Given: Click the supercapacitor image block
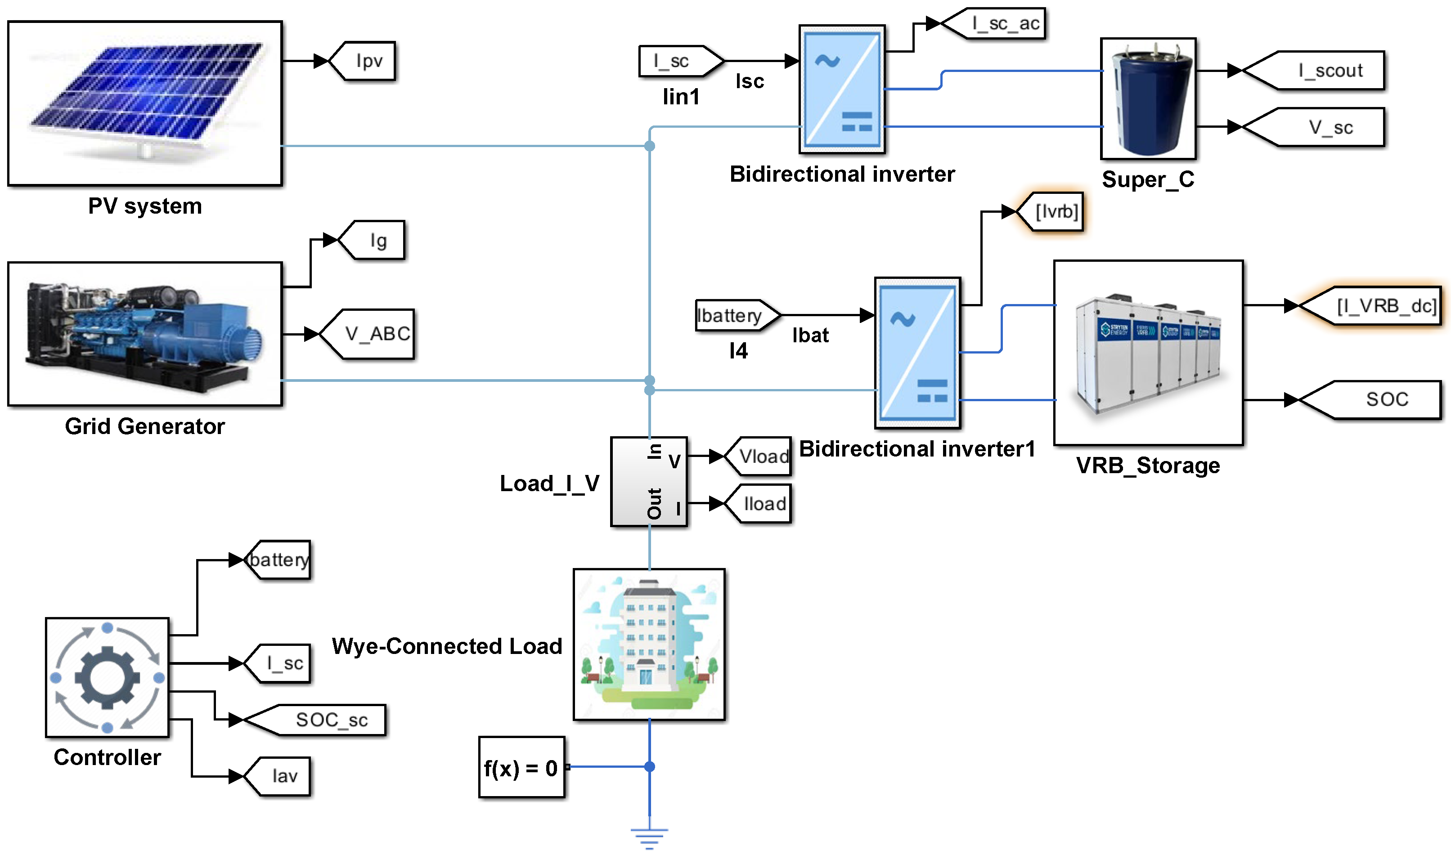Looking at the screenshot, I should point(1148,99).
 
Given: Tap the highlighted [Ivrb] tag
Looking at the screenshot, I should point(1051,211).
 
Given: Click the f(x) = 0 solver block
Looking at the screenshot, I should point(521,767).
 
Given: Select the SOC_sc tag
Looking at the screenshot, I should point(317,720).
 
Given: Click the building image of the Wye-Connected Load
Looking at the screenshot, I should point(649,645).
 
